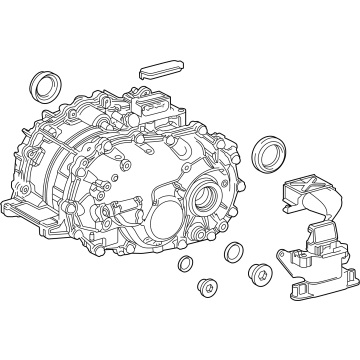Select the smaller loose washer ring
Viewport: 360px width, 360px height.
(x=186, y=264)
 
